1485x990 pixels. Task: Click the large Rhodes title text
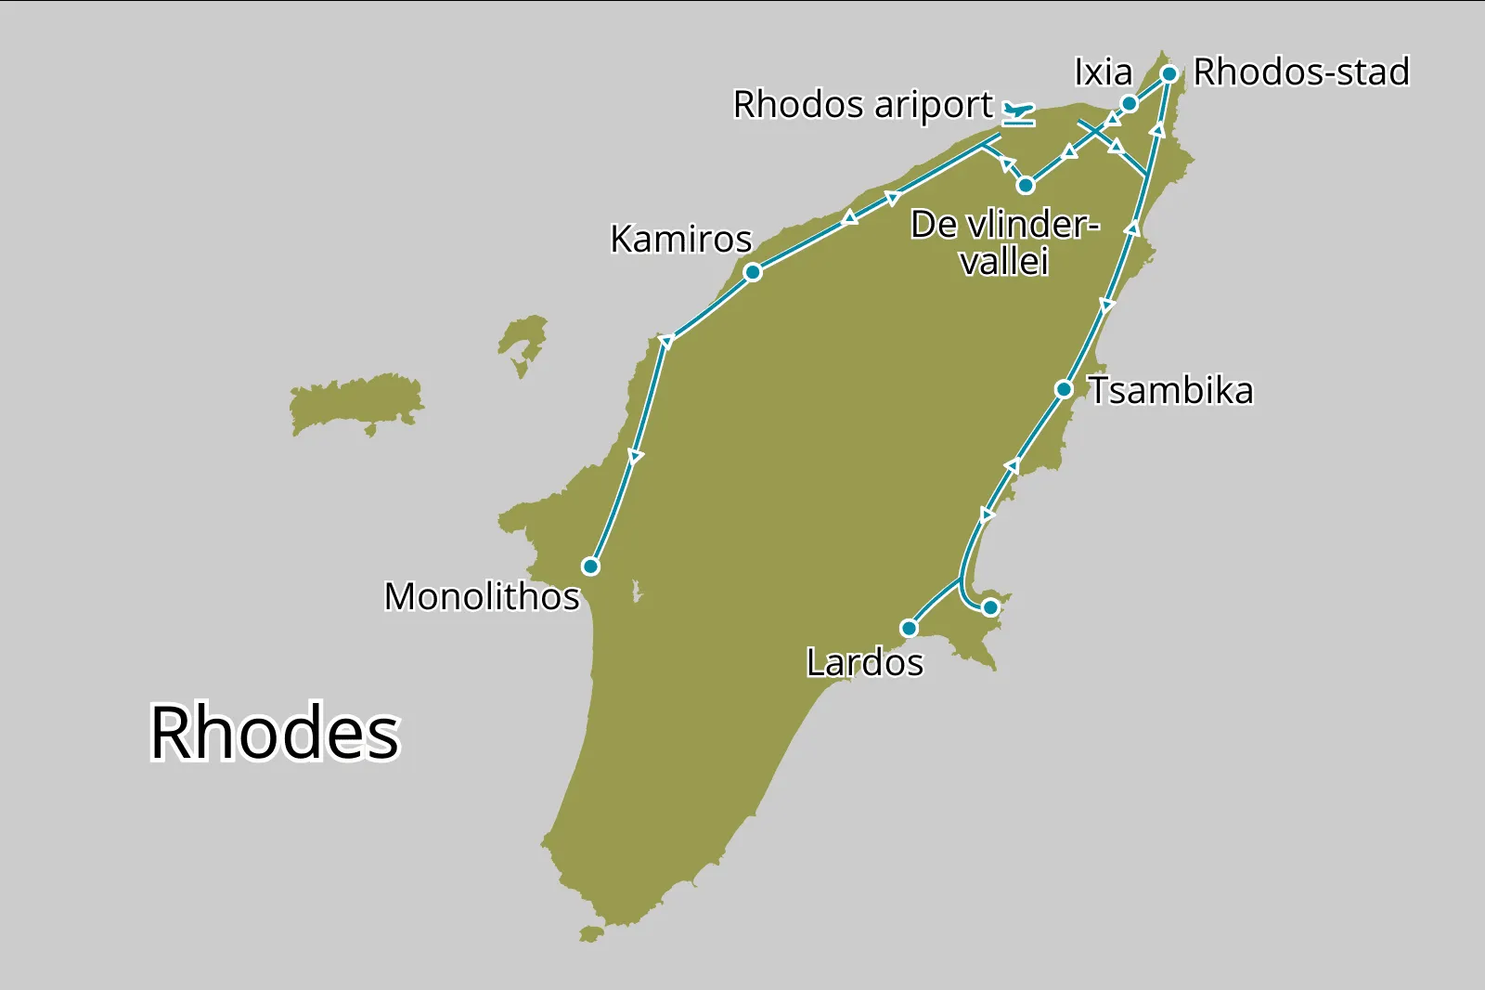[x=275, y=733]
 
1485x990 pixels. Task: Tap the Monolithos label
[x=482, y=596]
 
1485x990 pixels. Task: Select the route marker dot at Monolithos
[x=590, y=567]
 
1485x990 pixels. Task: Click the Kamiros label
[x=680, y=240]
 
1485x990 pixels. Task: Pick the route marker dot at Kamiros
[x=753, y=272]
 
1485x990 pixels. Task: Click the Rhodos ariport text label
[x=863, y=105]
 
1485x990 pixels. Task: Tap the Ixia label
[x=1104, y=72]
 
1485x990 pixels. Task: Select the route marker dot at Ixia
[x=1130, y=103]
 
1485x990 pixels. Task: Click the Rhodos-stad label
[x=1301, y=72]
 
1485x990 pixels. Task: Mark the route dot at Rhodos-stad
[x=1169, y=73]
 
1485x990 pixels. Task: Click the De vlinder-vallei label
[x=1004, y=242]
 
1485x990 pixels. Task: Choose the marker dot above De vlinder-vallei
[x=1026, y=186]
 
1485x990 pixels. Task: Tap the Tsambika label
[x=1170, y=391]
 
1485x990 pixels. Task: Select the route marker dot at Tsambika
[x=1065, y=389]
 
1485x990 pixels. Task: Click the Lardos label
[x=864, y=663]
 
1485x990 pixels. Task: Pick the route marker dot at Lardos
[x=910, y=629]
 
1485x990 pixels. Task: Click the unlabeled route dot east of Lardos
[x=990, y=607]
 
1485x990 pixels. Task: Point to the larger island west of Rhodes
[x=355, y=403]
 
